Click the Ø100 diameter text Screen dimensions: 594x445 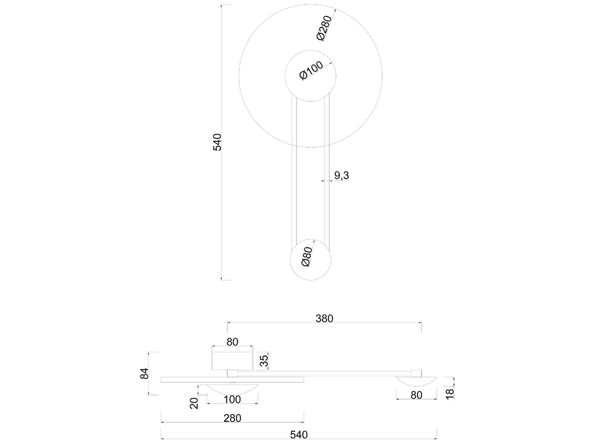tap(311, 70)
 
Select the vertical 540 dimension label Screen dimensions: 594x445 tap(217, 142)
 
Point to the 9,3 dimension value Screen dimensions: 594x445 tap(342, 176)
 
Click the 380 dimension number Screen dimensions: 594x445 tap(324, 319)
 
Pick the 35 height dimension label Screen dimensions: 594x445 tap(264, 360)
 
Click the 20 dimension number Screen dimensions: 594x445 tap(194, 403)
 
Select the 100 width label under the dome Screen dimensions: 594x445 tap(232, 399)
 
